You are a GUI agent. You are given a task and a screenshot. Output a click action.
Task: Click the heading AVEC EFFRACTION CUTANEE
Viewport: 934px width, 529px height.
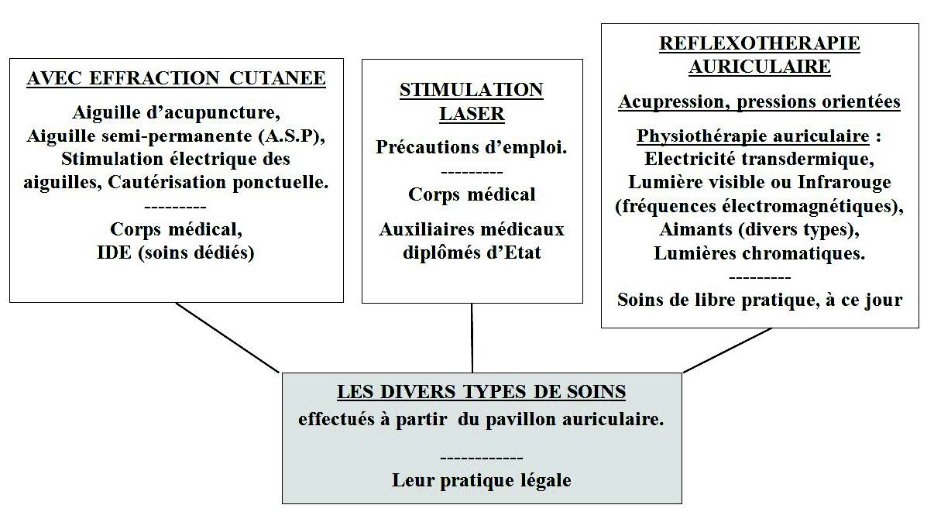pyautogui.click(x=176, y=78)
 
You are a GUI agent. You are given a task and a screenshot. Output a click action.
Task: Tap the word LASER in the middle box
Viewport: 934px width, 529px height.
pyautogui.click(x=472, y=114)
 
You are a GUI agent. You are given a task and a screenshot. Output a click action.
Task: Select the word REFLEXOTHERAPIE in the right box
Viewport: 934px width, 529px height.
pyautogui.click(x=759, y=43)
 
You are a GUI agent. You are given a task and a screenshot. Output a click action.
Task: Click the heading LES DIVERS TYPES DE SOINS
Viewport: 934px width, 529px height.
pyautogui.click(x=481, y=392)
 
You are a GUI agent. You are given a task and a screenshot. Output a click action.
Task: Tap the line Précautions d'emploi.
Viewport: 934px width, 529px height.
pyautogui.click(x=471, y=147)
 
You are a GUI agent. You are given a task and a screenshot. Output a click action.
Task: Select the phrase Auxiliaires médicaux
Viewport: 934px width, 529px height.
pyautogui.click(x=471, y=229)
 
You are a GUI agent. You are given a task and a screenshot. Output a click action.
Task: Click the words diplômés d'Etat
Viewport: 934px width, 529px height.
pyautogui.click(x=472, y=252)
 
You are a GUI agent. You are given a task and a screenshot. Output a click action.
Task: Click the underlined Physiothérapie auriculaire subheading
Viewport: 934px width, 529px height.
pyautogui.click(x=753, y=136)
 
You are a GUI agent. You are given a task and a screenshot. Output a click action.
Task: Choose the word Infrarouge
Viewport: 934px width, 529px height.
pyautogui.click(x=844, y=182)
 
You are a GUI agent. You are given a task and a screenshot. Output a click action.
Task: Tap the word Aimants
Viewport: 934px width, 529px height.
pyautogui.click(x=695, y=229)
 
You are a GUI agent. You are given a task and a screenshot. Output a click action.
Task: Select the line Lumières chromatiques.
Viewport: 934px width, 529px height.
pyautogui.click(x=759, y=253)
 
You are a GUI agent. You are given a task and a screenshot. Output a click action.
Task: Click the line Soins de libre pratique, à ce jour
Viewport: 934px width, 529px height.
pyautogui.click(x=760, y=300)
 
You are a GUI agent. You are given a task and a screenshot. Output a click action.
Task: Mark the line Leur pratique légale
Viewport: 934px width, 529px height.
pyautogui.click(x=482, y=480)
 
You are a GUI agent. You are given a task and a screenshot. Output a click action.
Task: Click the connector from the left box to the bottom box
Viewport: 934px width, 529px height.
pyautogui.click(x=227, y=338)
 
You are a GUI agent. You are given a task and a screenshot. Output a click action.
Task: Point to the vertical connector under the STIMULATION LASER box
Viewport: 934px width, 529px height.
pyautogui.click(x=472, y=338)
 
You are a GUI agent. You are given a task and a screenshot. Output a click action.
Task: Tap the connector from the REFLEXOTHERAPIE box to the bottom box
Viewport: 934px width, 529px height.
pyautogui.click(x=727, y=350)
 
